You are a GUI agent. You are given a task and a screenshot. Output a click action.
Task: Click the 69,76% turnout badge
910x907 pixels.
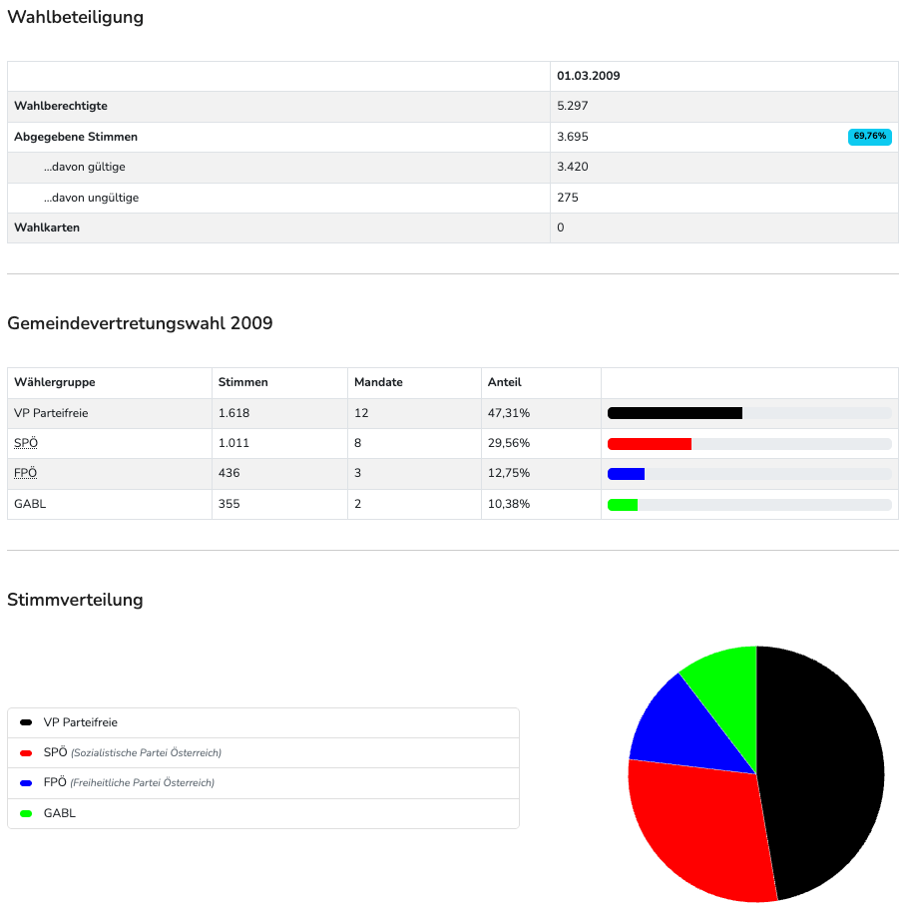point(869,137)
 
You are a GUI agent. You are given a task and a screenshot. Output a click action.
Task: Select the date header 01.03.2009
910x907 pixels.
point(589,76)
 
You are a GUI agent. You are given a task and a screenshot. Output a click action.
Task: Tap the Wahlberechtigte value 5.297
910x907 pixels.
point(573,106)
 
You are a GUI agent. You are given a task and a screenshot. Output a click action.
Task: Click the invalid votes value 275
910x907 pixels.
point(568,198)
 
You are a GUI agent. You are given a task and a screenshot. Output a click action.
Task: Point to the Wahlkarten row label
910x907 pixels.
point(47,227)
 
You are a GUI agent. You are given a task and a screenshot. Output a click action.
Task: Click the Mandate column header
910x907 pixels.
point(378,382)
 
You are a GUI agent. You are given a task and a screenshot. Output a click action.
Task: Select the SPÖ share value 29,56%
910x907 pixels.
point(509,443)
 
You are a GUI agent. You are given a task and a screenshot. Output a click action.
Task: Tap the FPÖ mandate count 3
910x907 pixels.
point(357,473)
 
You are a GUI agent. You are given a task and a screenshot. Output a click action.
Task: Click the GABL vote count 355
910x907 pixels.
point(230,504)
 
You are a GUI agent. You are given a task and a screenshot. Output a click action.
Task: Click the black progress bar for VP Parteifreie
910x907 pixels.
point(675,413)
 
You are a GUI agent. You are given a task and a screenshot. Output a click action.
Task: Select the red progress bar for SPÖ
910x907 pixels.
point(650,443)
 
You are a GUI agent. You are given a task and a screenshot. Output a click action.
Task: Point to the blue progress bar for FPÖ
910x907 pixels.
point(626,473)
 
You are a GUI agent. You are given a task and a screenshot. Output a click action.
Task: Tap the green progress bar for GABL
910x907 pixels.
point(623,504)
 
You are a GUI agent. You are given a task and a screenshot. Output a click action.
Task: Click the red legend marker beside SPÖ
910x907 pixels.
point(26,752)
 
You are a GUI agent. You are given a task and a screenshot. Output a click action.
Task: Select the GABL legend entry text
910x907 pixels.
point(60,813)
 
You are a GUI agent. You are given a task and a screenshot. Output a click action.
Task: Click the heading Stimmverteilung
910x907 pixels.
point(75,600)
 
